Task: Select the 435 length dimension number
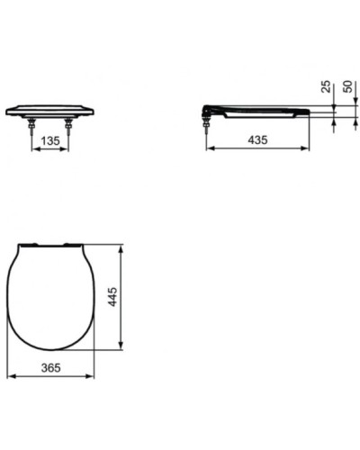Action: click(257, 139)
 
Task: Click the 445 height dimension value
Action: click(113, 296)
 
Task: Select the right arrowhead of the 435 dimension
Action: click(308, 148)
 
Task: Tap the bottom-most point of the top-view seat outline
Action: click(51, 350)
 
